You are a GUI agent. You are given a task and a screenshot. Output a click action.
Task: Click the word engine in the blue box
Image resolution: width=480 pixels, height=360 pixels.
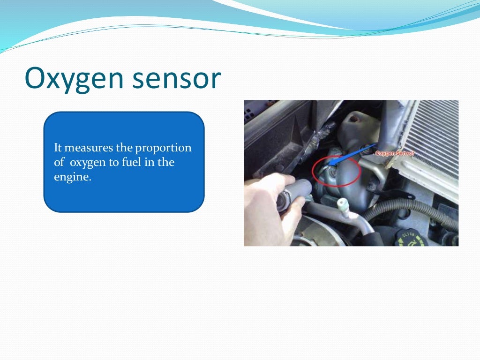(x=71, y=178)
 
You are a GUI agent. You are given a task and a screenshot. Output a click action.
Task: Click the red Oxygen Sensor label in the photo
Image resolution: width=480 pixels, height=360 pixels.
(x=395, y=153)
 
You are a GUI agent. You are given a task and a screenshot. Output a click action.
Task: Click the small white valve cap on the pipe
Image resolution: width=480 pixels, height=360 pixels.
(x=343, y=205)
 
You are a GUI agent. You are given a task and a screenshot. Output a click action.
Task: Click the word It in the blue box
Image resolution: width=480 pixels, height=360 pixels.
(x=58, y=148)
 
